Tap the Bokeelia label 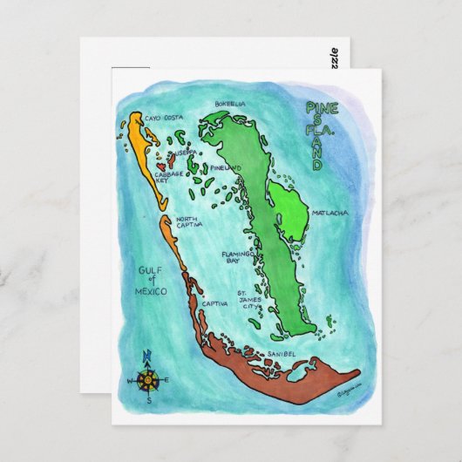coord(227,105)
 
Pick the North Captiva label coord(191,222)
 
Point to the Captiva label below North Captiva coord(214,304)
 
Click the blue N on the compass coord(146,354)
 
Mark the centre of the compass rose coord(149,380)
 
